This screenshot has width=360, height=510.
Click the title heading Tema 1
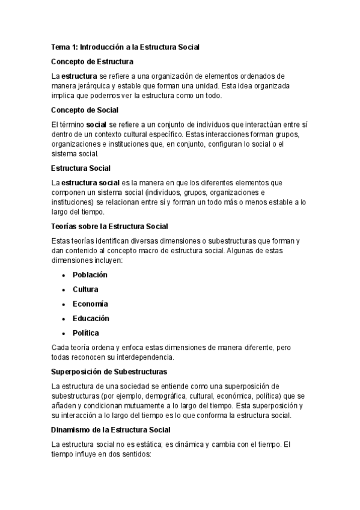(x=125, y=46)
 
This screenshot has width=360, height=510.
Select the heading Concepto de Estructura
(x=93, y=61)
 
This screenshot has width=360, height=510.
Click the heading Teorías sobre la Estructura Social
(x=109, y=226)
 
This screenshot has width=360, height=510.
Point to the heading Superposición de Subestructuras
(x=109, y=371)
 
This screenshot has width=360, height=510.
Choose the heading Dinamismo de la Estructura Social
(x=111, y=429)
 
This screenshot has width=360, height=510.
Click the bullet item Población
(x=90, y=274)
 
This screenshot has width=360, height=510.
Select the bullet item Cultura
(x=85, y=289)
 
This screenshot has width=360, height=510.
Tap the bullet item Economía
(x=90, y=304)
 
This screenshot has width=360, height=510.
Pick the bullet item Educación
(x=91, y=318)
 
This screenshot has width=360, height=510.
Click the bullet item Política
(x=86, y=333)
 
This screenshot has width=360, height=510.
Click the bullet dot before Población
(x=64, y=275)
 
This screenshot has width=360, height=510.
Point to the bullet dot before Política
(x=64, y=333)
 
